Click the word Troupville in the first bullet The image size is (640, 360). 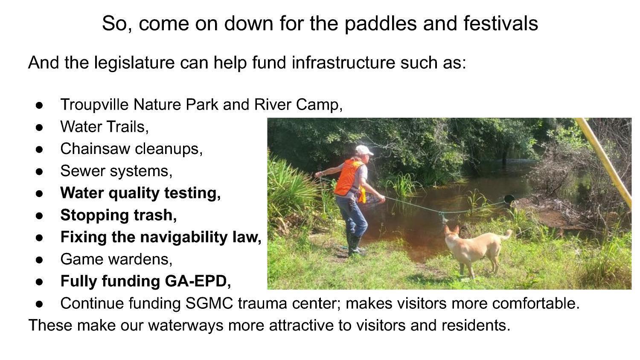tap(94, 104)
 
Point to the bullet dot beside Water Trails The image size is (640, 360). tap(40, 127)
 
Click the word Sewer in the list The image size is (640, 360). tap(79, 171)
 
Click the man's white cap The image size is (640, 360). tap(364, 150)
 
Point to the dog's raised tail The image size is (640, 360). tap(507, 234)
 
